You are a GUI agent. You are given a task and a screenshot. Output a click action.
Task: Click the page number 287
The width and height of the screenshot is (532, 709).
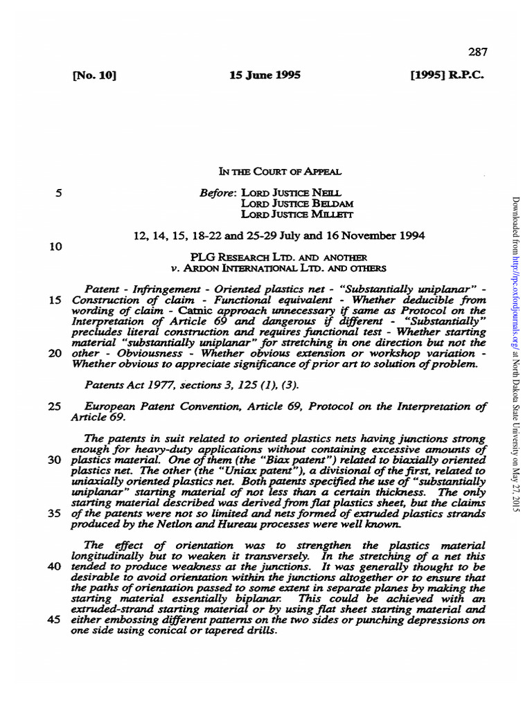(478, 51)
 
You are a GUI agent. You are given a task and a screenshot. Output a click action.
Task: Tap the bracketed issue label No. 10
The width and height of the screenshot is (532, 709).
(94, 75)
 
